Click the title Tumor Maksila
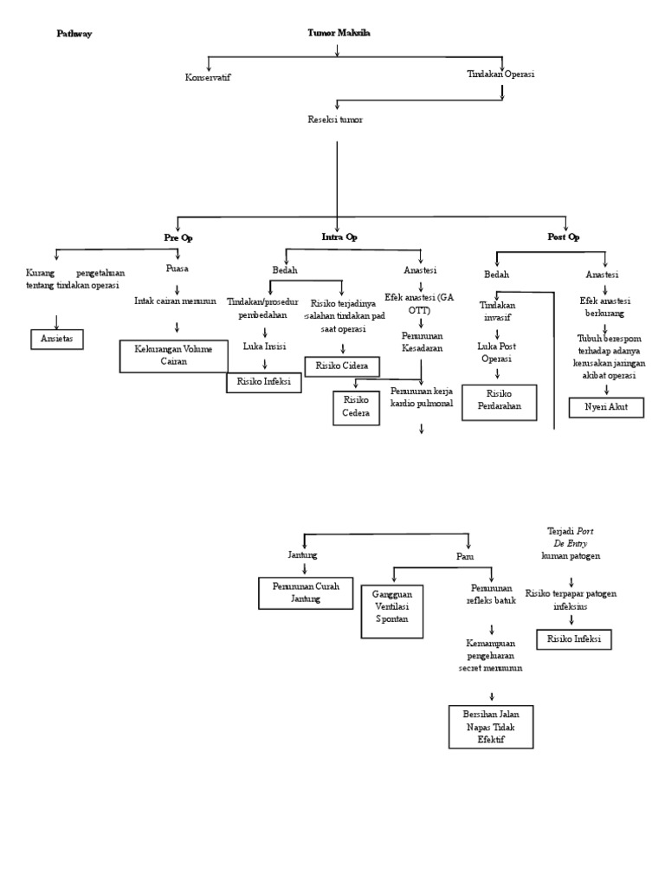(339, 33)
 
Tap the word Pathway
(74, 34)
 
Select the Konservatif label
(208, 77)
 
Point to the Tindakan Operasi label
(500, 74)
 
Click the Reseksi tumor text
(335, 120)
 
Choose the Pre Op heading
(178, 236)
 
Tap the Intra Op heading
(339, 236)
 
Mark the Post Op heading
(564, 236)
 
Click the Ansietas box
(57, 339)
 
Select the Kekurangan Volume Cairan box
(173, 356)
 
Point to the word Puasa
(177, 269)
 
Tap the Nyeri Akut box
(606, 406)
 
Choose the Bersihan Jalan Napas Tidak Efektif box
(491, 726)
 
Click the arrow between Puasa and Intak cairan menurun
(177, 288)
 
